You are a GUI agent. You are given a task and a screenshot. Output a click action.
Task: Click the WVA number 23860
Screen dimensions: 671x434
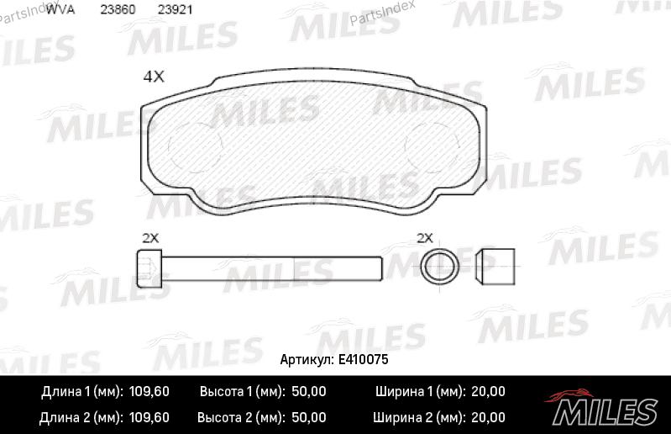point(118,9)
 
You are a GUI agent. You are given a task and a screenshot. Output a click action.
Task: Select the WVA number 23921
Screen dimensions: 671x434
point(175,9)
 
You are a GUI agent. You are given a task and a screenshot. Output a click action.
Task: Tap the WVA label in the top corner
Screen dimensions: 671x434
point(60,9)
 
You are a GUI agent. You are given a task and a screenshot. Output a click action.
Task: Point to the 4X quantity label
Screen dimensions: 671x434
point(154,77)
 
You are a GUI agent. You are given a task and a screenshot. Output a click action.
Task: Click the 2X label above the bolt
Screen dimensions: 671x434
point(150,238)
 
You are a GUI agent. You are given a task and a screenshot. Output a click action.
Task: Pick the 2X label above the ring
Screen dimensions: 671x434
point(425,238)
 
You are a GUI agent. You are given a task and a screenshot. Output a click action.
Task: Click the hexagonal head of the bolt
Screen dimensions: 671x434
point(149,268)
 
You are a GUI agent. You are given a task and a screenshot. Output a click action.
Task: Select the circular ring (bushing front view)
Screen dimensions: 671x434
point(440,267)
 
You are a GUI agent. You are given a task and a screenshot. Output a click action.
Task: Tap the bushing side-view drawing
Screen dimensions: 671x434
point(495,267)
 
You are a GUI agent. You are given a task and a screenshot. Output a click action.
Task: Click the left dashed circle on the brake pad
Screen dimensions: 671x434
point(196,147)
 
